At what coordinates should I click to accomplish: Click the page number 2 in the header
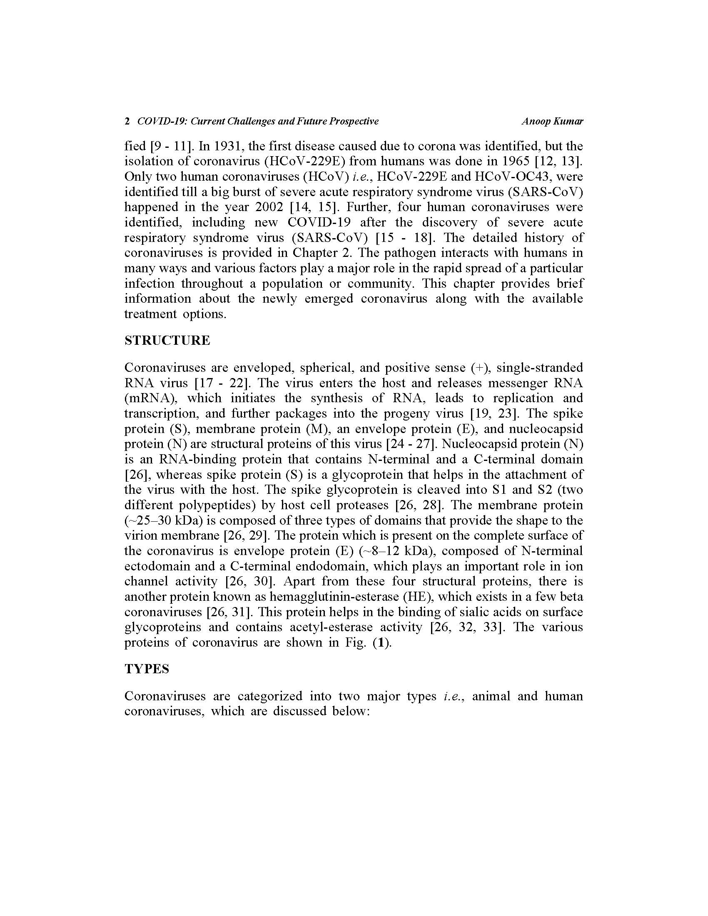127,122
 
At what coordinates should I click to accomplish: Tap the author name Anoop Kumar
552,122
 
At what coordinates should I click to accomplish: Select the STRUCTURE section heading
167,340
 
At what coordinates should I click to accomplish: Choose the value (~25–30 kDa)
169,520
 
